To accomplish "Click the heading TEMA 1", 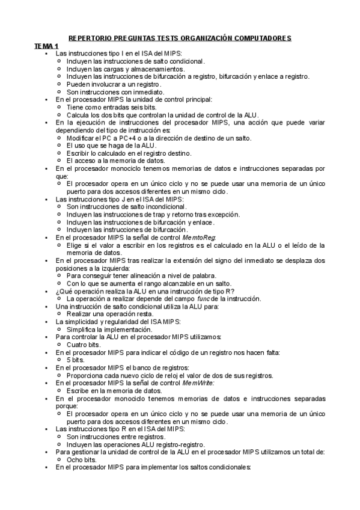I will [x=46, y=46].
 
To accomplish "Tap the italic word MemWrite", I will [x=198, y=382].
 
